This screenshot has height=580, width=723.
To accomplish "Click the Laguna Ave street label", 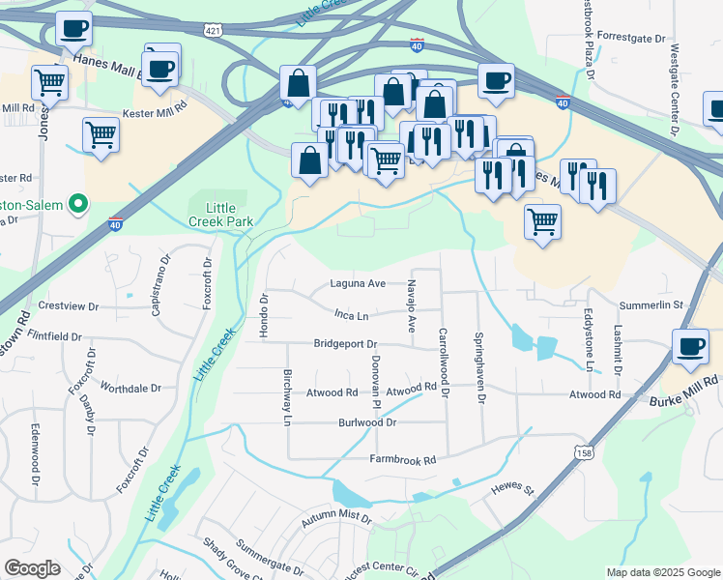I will [359, 284].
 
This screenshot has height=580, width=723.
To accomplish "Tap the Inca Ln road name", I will [352, 316].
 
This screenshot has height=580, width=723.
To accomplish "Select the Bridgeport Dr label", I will [345, 344].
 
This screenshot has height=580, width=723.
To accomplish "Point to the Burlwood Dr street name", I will [367, 423].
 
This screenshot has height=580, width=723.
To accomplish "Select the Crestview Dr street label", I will [67, 306].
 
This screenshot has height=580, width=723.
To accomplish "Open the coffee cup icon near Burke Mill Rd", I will [692, 348].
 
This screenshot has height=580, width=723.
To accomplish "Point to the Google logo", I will [33, 568].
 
